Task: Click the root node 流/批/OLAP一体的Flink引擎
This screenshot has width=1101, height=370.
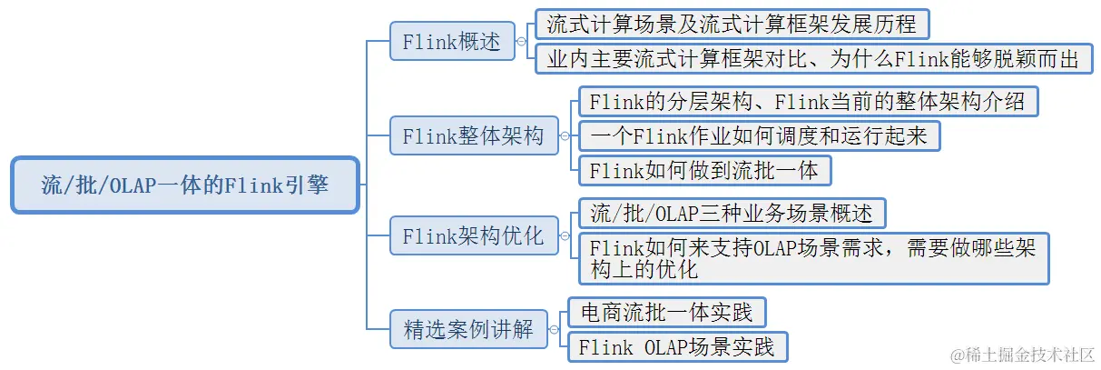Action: point(185,185)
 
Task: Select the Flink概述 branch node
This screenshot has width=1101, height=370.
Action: point(451,42)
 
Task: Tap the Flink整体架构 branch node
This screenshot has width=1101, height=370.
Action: point(473,136)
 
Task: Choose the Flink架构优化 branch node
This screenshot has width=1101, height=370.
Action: point(473,236)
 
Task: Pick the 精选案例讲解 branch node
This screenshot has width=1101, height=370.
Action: point(468,329)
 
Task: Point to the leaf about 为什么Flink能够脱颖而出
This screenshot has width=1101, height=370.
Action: point(814,58)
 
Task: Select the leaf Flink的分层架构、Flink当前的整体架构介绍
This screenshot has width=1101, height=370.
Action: point(807,101)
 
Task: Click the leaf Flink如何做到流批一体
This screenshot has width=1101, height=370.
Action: point(704,170)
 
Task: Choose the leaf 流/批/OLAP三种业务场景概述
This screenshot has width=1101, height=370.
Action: point(732,214)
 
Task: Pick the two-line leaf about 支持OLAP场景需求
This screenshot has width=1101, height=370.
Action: point(813,258)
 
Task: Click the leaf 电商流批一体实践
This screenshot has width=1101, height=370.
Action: point(666,313)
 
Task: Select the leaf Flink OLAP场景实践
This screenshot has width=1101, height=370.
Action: point(677,347)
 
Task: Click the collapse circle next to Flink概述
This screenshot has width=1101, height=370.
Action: point(521,42)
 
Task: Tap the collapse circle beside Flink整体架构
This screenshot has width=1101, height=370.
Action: point(565,136)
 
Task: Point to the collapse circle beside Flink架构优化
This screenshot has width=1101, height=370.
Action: point(565,236)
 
